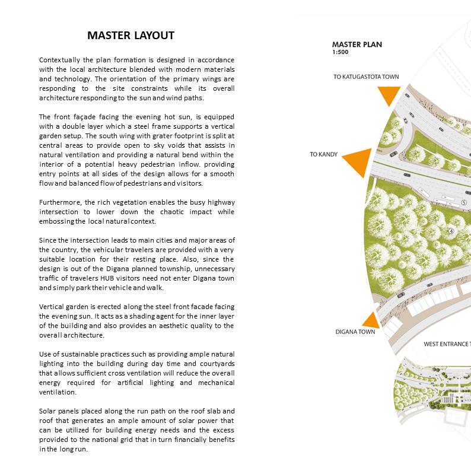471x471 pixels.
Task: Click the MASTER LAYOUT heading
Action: tap(131, 36)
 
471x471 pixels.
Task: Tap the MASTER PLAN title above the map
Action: tap(357, 44)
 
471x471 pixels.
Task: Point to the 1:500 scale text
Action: tap(340, 52)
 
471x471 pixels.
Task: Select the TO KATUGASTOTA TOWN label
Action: tap(365, 77)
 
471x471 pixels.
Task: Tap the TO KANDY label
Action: tap(323, 155)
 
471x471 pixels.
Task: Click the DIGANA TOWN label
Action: tap(355, 332)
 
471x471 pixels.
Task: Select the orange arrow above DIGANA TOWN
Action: tap(371, 320)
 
